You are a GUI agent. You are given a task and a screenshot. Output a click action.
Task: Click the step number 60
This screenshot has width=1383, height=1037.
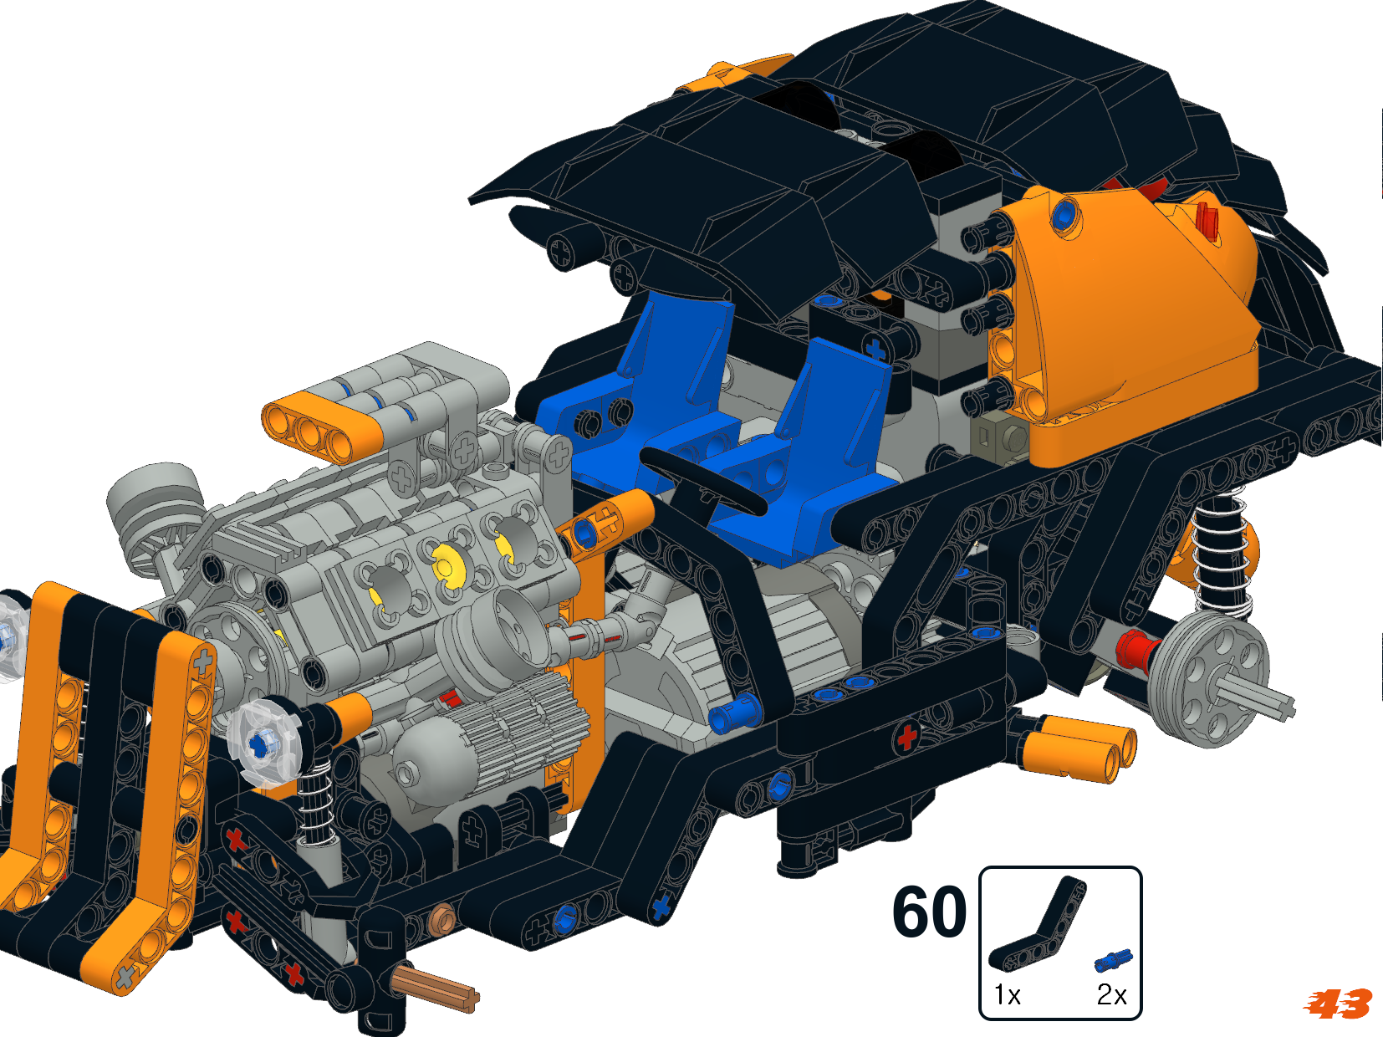point(929,911)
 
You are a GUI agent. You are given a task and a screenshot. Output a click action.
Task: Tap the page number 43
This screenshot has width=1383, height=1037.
point(1338,1004)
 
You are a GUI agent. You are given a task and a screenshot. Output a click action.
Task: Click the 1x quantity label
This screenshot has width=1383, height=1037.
point(1007,995)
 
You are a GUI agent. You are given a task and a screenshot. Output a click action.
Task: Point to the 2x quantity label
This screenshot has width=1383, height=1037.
point(1111,995)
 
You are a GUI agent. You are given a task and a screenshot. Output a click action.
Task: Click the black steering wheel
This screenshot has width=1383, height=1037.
point(702,482)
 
